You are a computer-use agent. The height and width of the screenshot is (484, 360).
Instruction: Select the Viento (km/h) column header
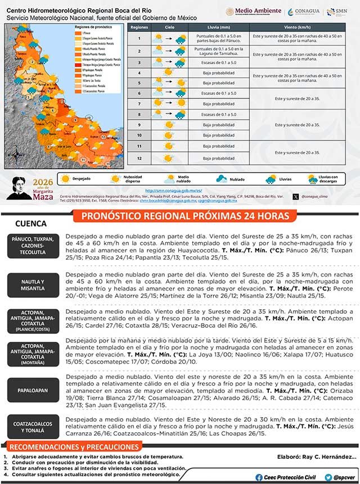(x=298, y=27)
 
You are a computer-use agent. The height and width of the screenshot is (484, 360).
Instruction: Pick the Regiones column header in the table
(x=138, y=27)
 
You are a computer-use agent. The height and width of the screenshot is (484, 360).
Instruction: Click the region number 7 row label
(x=138, y=104)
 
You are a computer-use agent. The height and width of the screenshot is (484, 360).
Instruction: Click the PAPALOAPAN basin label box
(x=33, y=390)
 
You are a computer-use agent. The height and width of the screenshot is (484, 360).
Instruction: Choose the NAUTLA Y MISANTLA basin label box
(x=33, y=284)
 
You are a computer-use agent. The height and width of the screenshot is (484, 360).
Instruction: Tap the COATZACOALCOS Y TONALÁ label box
(x=33, y=426)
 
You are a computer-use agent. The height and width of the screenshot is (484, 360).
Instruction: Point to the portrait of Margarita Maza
(x=22, y=187)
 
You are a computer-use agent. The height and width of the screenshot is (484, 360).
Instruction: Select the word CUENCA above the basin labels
(x=27, y=223)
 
